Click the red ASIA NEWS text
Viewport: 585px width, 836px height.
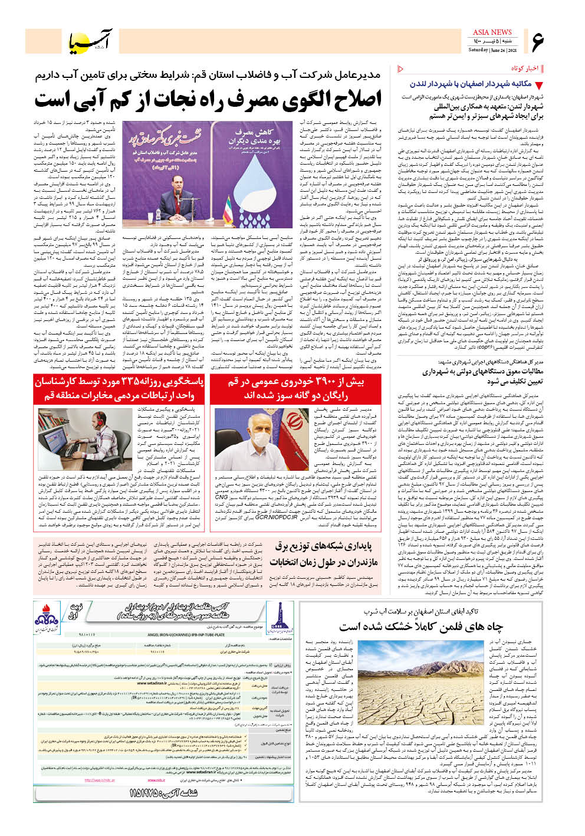(492, 32)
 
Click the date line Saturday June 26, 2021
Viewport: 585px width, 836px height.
(491, 50)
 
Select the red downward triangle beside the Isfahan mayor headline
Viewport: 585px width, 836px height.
(538, 85)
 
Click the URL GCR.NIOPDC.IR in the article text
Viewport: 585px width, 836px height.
(275, 517)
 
